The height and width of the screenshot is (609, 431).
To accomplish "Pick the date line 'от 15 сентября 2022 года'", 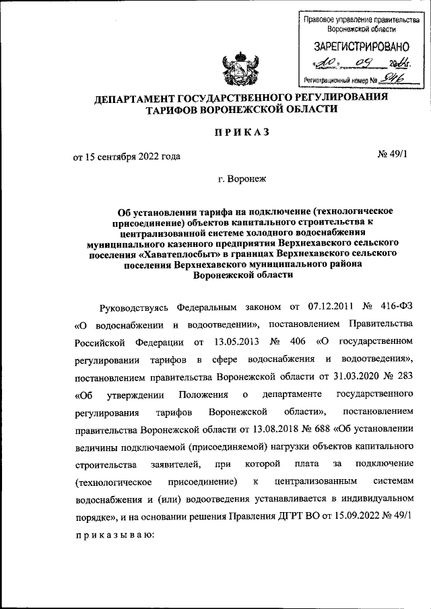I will pyautogui.click(x=127, y=157).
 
